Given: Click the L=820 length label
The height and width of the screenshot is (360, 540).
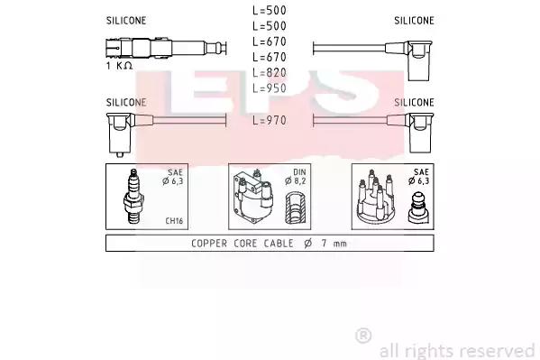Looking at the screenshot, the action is (x=270, y=73).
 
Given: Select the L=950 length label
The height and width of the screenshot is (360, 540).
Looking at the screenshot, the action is (x=270, y=88).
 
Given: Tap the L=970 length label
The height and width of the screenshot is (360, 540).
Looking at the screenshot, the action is (x=270, y=120).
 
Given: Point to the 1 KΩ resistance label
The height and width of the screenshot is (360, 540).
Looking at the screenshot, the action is (x=119, y=66).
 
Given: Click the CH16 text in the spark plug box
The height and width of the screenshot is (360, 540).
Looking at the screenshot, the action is (x=174, y=221).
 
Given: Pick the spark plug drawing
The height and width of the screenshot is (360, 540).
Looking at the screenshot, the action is (x=133, y=196).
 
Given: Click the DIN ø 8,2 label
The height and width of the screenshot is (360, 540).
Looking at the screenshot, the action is (x=296, y=177).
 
